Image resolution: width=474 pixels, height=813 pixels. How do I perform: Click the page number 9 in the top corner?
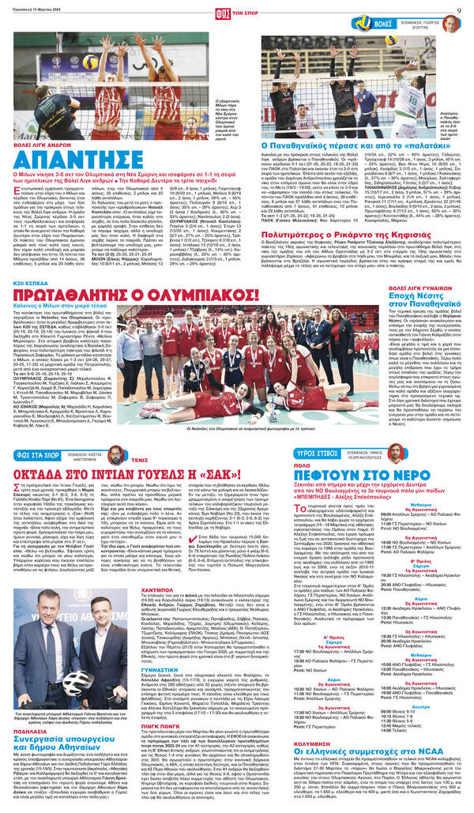click(457, 9)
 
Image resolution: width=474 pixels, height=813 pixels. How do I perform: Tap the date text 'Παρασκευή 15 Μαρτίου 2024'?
click(39, 9)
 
